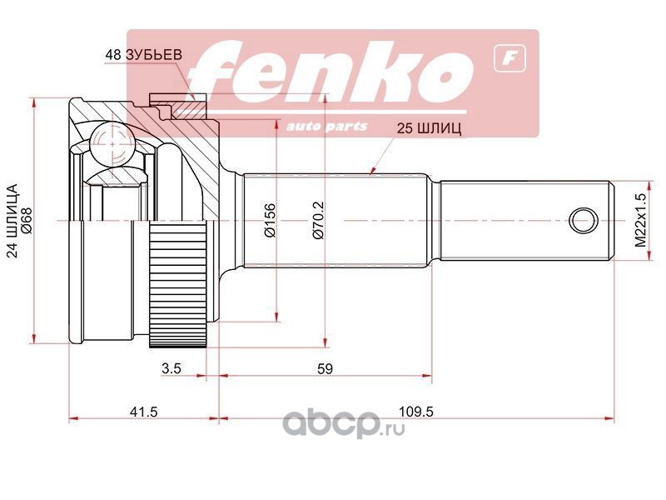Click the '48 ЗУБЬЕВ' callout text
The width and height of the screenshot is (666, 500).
tap(143, 55)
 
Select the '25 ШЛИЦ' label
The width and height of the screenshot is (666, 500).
tap(429, 128)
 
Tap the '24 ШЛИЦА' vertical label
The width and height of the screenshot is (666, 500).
tap(13, 221)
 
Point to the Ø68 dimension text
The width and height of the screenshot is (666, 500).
tap(27, 221)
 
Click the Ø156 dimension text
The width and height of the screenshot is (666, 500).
tap(270, 220)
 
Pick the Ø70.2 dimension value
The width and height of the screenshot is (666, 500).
tap(319, 220)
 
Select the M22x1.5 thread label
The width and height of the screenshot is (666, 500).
tap(640, 220)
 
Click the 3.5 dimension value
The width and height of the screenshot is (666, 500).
tap(171, 368)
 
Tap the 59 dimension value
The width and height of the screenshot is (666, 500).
tap(325, 368)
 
